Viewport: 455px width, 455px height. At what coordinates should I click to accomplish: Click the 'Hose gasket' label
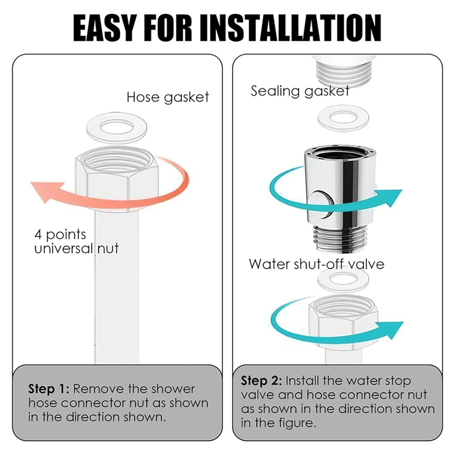click(168, 97)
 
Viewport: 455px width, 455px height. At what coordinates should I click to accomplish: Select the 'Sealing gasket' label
click(300, 91)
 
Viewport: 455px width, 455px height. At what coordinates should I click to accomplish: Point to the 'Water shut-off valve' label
click(316, 264)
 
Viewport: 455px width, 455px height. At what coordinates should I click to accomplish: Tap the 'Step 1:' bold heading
click(48, 390)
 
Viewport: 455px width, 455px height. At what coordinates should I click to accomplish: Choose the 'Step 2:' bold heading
click(262, 380)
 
